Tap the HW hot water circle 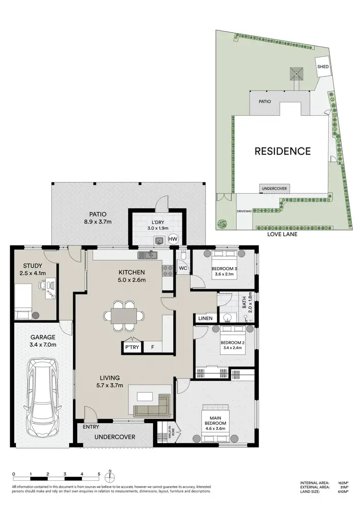point(173,239)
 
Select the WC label point(183,268)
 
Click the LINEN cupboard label point(205,318)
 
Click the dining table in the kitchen point(124,316)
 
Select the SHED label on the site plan point(323,67)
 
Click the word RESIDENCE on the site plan point(282,151)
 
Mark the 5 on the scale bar point(99,474)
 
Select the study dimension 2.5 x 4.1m point(33,273)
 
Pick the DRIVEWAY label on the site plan point(244,211)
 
